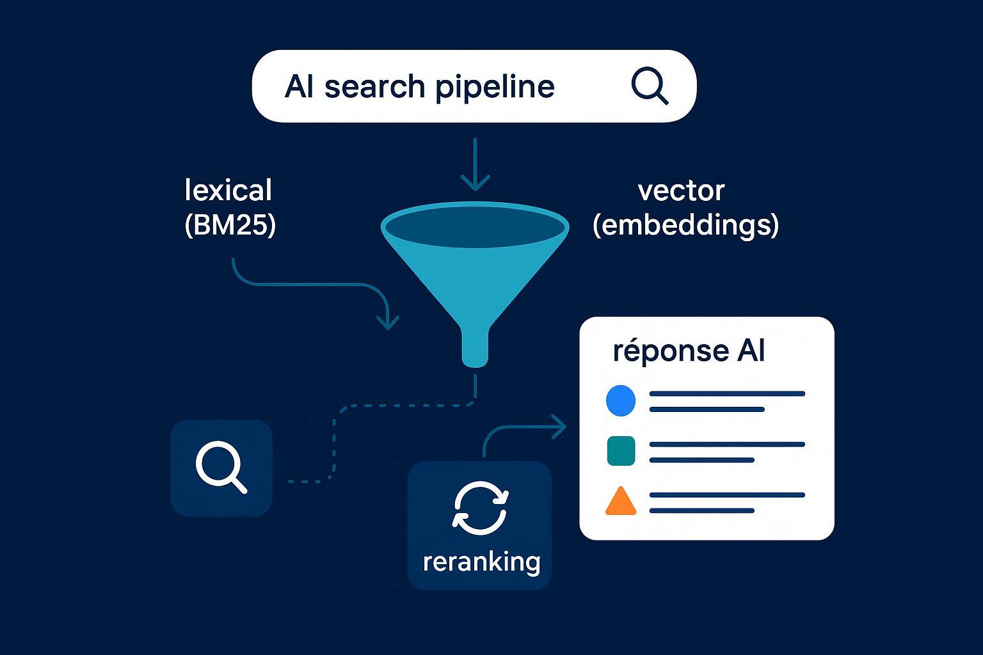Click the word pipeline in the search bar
point(494,87)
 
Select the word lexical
point(228,191)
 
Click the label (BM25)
point(230,225)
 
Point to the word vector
point(681,191)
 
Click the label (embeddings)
point(685,225)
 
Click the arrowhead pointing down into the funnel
point(475,182)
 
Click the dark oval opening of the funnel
point(475,227)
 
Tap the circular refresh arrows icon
point(480,509)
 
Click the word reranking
point(481,562)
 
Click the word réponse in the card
point(662,351)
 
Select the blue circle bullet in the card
point(620,401)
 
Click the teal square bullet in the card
point(620,450)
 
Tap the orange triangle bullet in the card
point(620,502)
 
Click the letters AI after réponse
point(750,351)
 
